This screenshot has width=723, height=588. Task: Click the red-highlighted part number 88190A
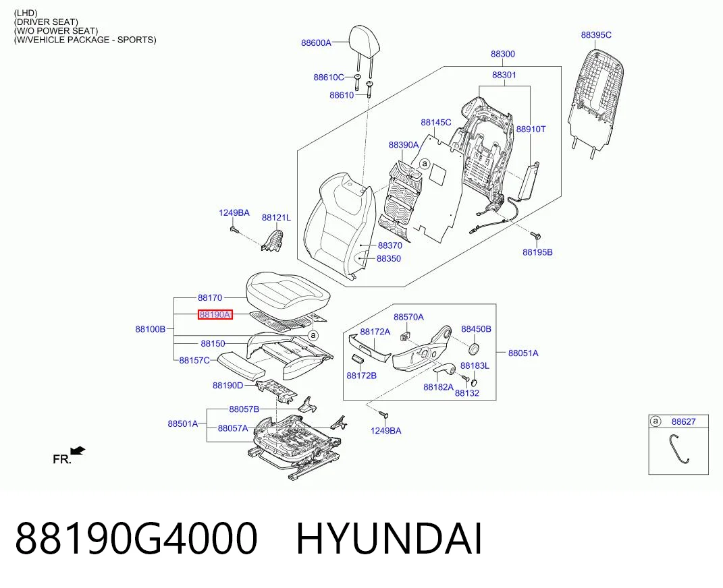coord(215,314)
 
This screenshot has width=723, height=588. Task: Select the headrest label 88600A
coord(316,43)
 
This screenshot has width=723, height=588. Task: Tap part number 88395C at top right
coord(595,35)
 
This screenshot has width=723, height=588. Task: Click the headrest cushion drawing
coord(365,38)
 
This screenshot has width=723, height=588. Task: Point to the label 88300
coord(503,54)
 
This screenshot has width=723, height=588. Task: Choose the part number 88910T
coord(531,129)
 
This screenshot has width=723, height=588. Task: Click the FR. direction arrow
coord(78,451)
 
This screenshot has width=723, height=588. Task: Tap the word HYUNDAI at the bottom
coord(389,538)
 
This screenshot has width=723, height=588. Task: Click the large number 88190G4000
coord(136,538)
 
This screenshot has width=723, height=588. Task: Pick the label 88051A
coord(523,353)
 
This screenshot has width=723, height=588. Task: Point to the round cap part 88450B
coord(473,349)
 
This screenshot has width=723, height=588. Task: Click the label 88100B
coord(151,329)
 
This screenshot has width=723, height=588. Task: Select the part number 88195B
coord(537,252)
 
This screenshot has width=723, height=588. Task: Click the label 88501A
coord(182,423)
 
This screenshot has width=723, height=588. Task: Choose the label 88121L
coord(276,217)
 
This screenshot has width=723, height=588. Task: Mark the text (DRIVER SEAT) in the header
coord(46,22)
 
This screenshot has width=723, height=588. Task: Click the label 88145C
coord(435,123)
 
